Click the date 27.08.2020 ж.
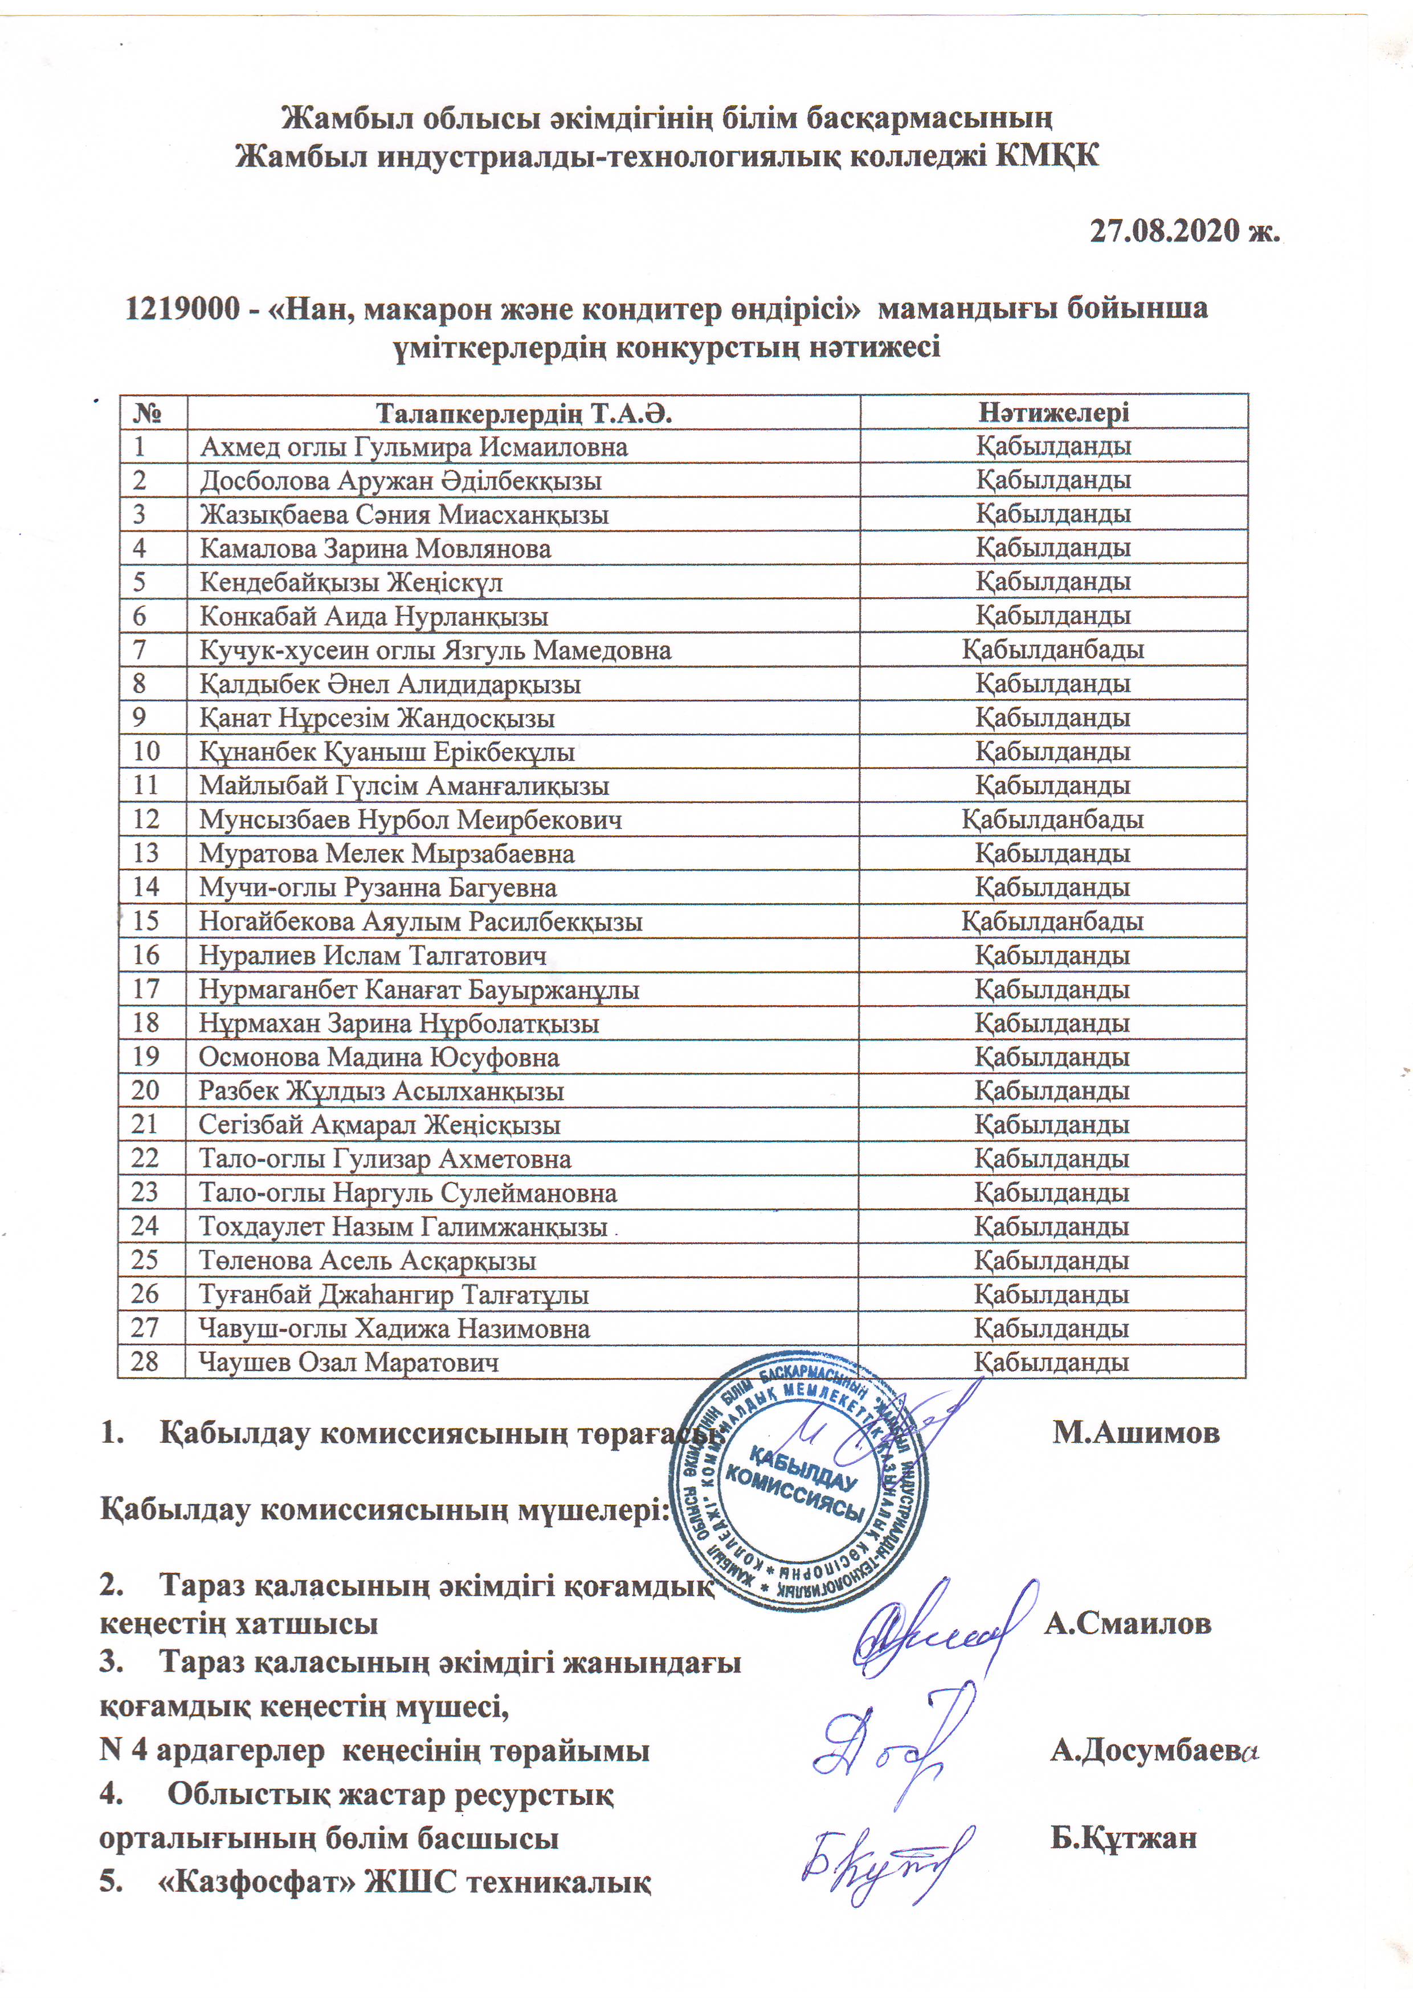(1185, 231)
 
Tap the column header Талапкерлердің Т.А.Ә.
(523, 413)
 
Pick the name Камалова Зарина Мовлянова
(375, 549)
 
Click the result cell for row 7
(1052, 650)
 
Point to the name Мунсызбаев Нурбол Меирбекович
(410, 819)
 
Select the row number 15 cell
(147, 920)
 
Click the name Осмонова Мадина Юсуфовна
(379, 1057)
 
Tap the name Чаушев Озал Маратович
(348, 1362)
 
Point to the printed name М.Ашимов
(1136, 1432)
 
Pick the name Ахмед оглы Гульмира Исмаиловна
(414, 447)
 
